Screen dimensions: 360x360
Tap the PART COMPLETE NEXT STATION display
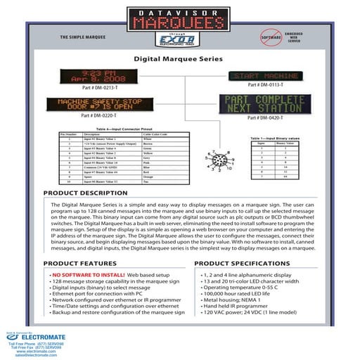[x=265, y=104]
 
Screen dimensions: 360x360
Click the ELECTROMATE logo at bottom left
[x=35, y=337]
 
